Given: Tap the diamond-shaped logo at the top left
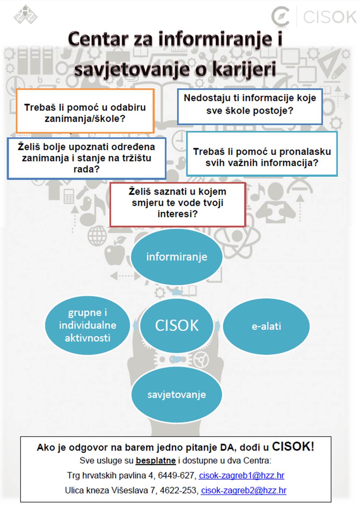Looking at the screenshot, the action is click(x=25, y=14).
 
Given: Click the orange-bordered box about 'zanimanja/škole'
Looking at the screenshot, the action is click(x=85, y=111).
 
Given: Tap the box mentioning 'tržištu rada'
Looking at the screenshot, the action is click(x=87, y=158).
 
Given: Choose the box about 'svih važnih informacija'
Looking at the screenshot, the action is click(x=262, y=154).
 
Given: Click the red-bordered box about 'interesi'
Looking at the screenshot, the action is click(x=178, y=205).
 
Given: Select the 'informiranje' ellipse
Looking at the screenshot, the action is click(x=177, y=257).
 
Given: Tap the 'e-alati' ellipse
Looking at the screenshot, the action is click(x=266, y=326).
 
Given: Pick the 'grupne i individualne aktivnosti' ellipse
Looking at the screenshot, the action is click(x=88, y=325).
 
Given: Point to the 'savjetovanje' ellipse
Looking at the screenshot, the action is click(x=177, y=394).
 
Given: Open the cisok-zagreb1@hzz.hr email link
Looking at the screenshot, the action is click(x=241, y=475).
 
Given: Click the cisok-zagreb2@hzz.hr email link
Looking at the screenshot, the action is click(x=244, y=490).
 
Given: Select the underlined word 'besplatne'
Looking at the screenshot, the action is click(x=156, y=460).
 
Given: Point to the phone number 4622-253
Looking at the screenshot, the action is click(x=179, y=490).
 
